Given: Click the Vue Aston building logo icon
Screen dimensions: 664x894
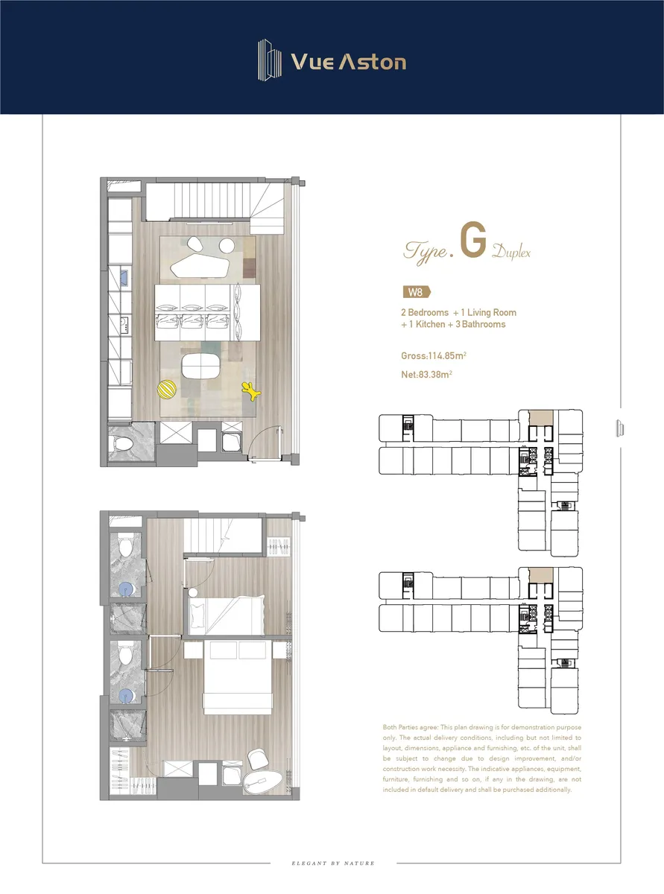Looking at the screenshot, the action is pos(270,60).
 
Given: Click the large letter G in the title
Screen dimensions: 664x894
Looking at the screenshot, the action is pos(473,240).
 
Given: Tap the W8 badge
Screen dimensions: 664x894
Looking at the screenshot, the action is pos(417,292).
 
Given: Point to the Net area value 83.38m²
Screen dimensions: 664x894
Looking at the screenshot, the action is pos(435,375).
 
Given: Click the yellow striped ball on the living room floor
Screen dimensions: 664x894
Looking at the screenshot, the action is pos(166,390).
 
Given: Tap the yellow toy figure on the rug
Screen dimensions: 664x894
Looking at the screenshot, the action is pos(250,391).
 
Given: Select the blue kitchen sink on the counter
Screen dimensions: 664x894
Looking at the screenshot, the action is pos(124,278).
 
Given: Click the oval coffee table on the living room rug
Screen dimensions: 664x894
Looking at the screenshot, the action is pos(201,366).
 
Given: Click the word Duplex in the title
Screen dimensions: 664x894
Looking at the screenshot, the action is pos(511,253).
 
